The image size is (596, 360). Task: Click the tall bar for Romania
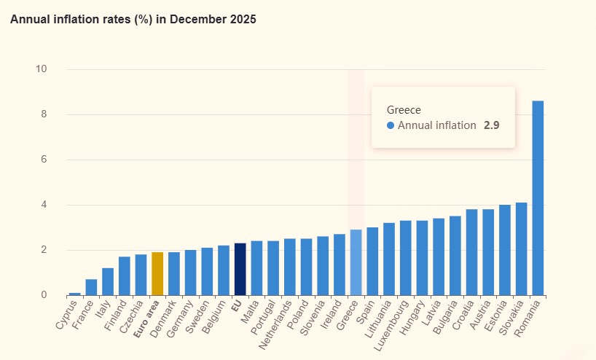pos(538,198)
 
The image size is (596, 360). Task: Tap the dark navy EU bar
pos(240,269)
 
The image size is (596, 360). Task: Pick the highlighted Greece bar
pos(356,262)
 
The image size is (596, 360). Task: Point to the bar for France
pos(91,287)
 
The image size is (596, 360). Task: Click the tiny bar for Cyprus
pos(75,294)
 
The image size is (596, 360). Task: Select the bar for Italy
pos(108,281)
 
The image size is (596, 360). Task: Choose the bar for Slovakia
pos(521,249)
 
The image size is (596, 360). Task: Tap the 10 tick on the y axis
pos(41,69)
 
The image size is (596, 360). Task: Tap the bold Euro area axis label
pos(146,319)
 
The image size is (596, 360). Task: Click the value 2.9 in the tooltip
pos(491,125)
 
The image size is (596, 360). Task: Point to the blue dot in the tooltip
pos(391,125)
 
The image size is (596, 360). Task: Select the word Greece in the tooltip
pos(404,109)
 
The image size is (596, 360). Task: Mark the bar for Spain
pos(372,261)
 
